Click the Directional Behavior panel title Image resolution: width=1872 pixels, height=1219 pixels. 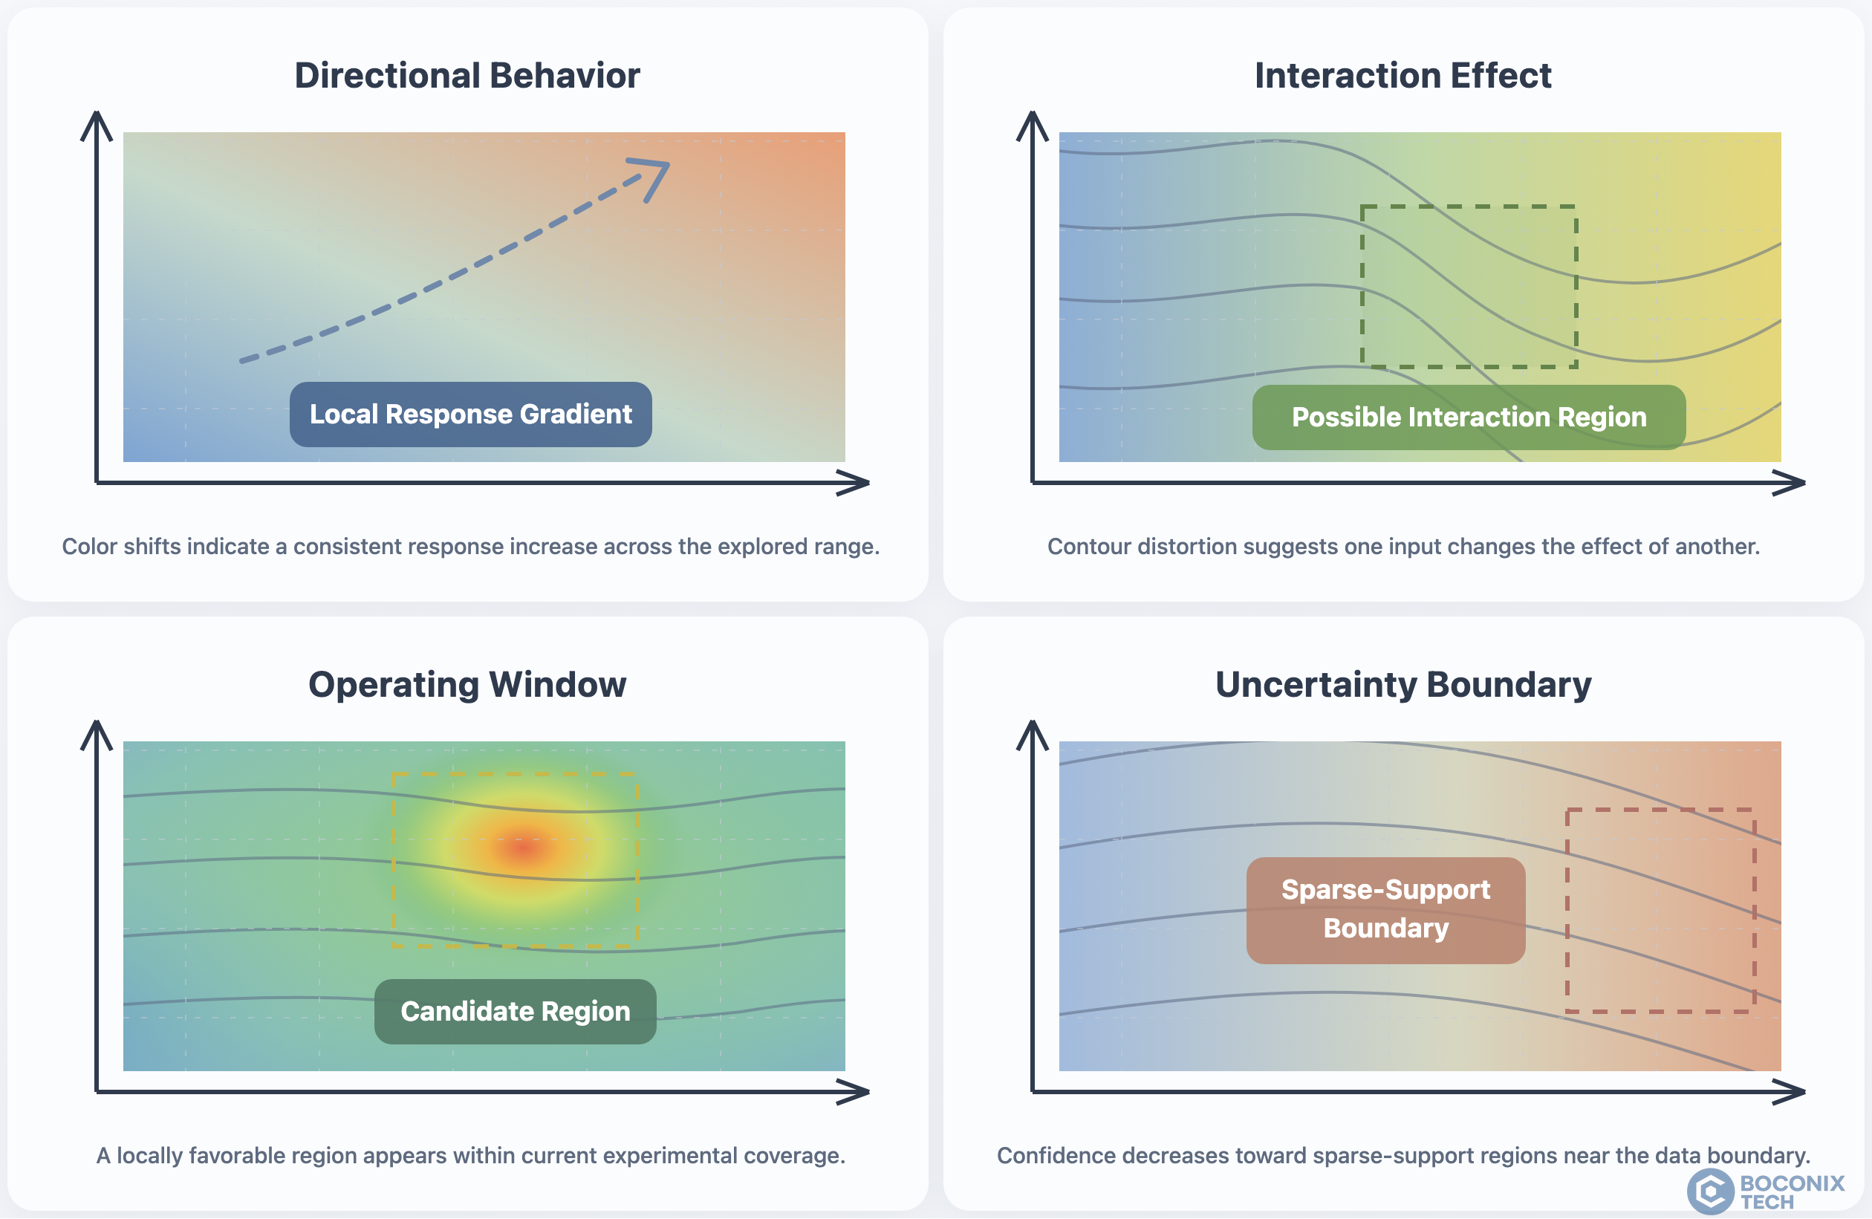tap(467, 76)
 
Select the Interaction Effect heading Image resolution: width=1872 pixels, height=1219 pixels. tap(1403, 76)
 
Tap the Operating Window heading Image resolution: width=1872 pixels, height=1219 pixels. tap(467, 684)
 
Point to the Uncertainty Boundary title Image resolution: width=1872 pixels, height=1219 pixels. tap(1403, 684)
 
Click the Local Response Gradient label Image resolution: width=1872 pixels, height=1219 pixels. tap(470, 415)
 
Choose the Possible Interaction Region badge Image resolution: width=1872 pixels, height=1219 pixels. tap(1469, 417)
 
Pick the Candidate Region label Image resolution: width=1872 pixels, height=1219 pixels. tap(516, 1012)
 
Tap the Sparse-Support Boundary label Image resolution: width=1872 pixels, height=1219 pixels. tap(1386, 910)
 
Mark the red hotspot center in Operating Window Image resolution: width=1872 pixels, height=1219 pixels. tap(522, 847)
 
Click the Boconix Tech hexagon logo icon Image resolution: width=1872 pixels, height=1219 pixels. tap(1710, 1191)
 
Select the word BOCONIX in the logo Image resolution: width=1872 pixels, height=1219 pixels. tap(1792, 1183)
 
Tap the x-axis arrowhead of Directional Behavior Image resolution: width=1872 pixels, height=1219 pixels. tap(854, 483)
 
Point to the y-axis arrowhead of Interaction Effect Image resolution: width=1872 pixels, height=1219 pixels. tap(1033, 126)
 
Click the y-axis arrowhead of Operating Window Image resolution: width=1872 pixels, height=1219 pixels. tap(97, 735)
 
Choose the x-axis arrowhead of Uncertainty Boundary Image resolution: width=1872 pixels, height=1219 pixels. tap(1790, 1091)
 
